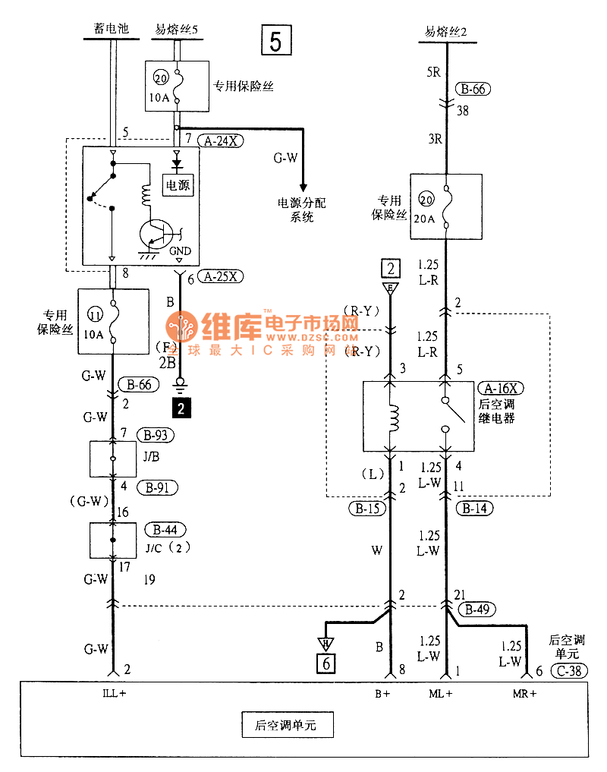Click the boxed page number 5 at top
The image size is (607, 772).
(275, 41)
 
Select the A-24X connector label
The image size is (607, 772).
(219, 140)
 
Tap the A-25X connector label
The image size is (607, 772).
(221, 278)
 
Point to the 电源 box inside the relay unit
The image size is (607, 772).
(178, 184)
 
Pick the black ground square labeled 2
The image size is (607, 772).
(181, 409)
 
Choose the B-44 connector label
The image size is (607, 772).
(168, 529)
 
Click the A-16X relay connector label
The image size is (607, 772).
(502, 388)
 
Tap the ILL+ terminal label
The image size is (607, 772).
(115, 693)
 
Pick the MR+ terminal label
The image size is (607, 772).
(523, 693)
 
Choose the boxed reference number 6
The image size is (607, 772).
(327, 662)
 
